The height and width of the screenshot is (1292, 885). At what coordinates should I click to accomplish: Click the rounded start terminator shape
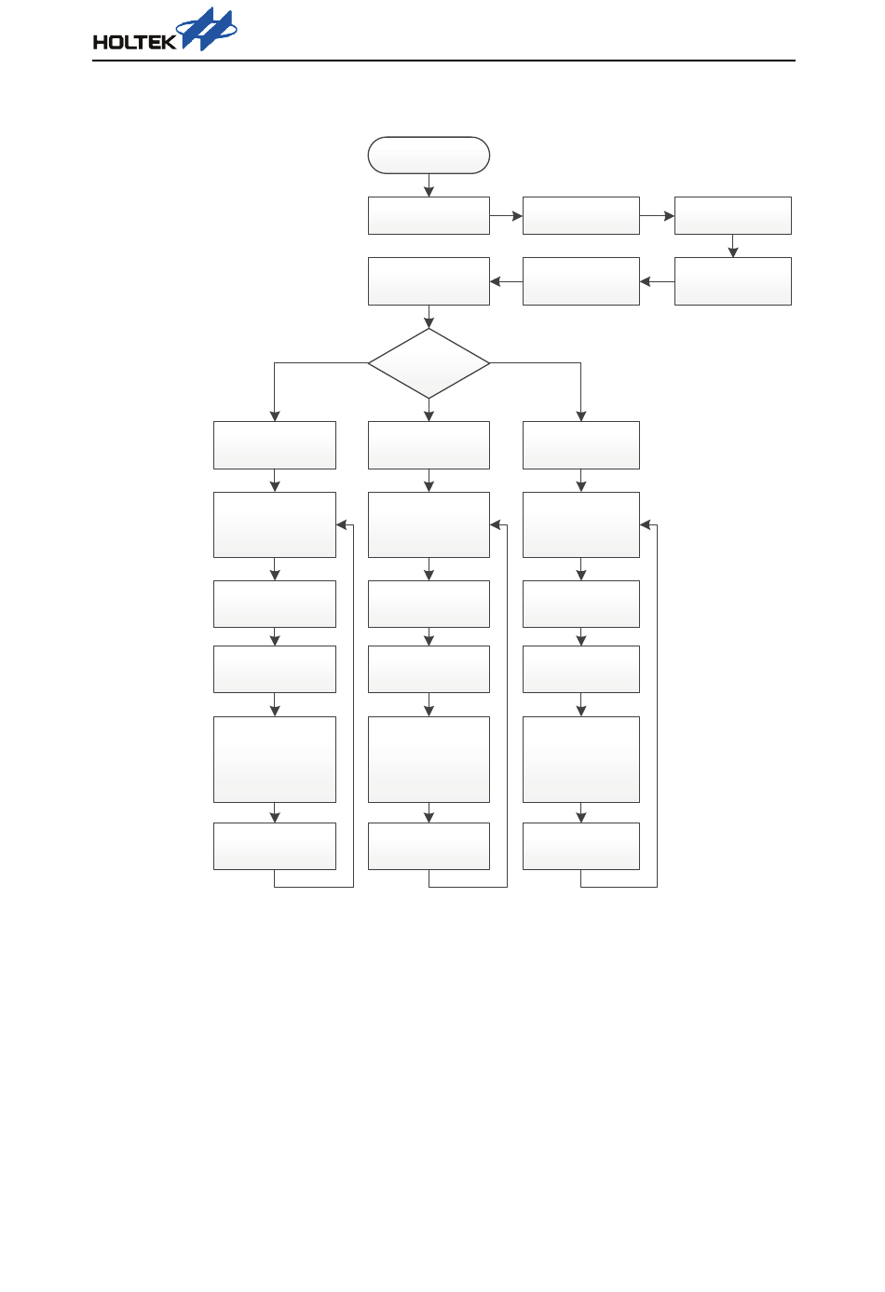tap(429, 156)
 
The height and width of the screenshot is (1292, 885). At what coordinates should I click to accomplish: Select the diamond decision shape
tap(429, 363)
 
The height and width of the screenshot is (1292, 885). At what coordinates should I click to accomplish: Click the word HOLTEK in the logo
tap(134, 42)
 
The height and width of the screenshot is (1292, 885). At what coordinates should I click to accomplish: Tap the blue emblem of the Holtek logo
tap(209, 29)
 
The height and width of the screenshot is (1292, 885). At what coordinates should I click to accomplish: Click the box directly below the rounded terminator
tap(429, 215)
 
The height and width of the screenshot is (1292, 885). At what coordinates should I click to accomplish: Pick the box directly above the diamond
tap(429, 281)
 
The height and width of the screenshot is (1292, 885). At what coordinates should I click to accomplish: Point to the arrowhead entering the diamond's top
tap(429, 323)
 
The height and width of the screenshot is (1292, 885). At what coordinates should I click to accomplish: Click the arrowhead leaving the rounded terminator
tap(429, 192)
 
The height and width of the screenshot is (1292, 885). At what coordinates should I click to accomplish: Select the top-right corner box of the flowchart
tap(732, 215)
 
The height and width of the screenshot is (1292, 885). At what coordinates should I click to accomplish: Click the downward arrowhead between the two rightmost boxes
tap(733, 252)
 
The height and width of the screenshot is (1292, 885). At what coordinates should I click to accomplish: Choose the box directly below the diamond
tap(429, 445)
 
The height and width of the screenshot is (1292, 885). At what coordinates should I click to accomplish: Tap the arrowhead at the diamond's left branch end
tap(274, 416)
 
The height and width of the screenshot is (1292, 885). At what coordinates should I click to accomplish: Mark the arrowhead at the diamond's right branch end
tap(580, 416)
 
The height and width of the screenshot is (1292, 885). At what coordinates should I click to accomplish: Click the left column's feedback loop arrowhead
tap(342, 525)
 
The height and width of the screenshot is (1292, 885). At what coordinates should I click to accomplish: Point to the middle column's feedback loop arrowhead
tap(496, 525)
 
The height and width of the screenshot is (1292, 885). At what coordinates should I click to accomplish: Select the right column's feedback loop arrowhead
tap(646, 525)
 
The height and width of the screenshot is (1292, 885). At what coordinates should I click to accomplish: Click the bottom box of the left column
tap(274, 846)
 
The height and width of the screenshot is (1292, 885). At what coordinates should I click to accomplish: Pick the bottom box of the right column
tap(580, 846)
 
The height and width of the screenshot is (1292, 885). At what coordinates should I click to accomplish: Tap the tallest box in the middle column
tap(429, 759)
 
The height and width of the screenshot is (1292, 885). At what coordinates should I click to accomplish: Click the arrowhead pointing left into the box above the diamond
tap(496, 281)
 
